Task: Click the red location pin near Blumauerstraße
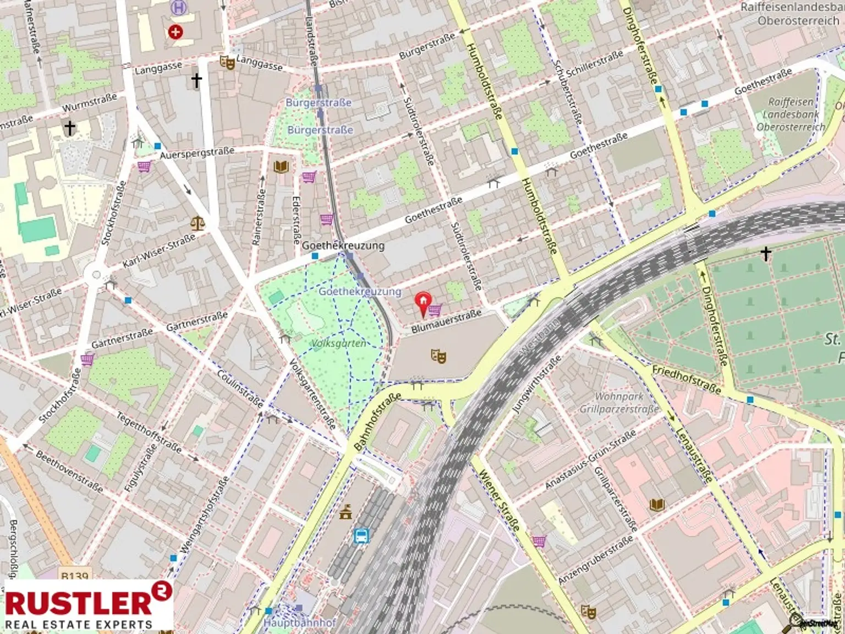(x=422, y=303)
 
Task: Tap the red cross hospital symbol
(x=175, y=32)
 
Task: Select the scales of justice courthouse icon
(x=197, y=223)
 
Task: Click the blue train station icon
(x=361, y=535)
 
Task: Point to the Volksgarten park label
(x=339, y=343)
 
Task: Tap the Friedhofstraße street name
(x=686, y=379)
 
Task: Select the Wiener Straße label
(x=498, y=500)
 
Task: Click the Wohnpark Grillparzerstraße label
(x=619, y=403)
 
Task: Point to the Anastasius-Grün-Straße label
(x=590, y=460)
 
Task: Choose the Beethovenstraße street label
(x=69, y=471)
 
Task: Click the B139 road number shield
(x=74, y=576)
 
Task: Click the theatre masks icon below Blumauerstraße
(x=438, y=356)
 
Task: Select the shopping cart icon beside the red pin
(x=435, y=310)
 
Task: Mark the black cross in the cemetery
(x=766, y=253)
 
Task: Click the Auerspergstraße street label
(x=196, y=152)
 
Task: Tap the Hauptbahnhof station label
(x=300, y=622)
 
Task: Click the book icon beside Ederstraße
(x=281, y=166)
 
